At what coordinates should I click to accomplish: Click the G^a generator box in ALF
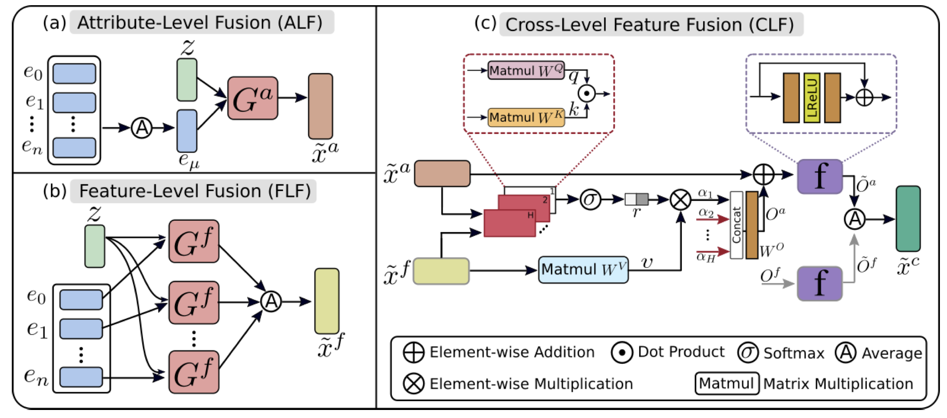click(252, 98)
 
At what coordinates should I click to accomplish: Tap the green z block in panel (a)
click(187, 79)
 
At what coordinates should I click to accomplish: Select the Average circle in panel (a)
click(141, 127)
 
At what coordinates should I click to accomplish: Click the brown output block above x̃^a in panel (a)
click(320, 106)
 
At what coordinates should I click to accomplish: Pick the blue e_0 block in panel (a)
click(74, 74)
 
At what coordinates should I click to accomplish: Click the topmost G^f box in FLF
click(194, 241)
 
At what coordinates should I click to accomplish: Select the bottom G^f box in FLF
click(194, 372)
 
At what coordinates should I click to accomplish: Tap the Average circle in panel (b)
click(271, 301)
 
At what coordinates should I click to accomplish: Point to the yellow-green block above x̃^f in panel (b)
click(327, 301)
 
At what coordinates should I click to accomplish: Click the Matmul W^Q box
click(526, 70)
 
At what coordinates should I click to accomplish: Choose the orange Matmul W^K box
click(526, 117)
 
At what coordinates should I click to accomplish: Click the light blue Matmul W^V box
click(583, 270)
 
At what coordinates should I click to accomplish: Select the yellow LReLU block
click(812, 98)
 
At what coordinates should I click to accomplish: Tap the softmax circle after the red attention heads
click(590, 199)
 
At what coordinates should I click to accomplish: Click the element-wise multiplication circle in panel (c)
click(681, 200)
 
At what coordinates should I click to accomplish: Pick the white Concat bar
click(736, 225)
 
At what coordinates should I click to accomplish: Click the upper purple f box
click(820, 176)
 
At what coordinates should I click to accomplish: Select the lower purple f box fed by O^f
click(820, 284)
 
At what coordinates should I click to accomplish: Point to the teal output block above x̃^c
click(908, 218)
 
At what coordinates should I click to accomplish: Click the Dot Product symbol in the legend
click(622, 352)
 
